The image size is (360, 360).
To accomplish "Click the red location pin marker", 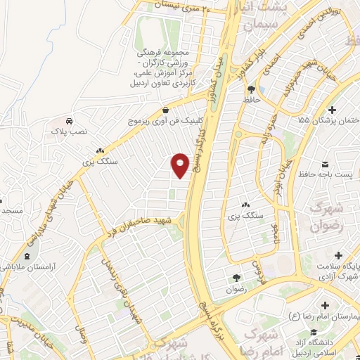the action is (181, 165).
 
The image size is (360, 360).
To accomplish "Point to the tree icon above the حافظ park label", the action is (251, 89).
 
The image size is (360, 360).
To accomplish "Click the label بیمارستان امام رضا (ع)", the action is (328, 318).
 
